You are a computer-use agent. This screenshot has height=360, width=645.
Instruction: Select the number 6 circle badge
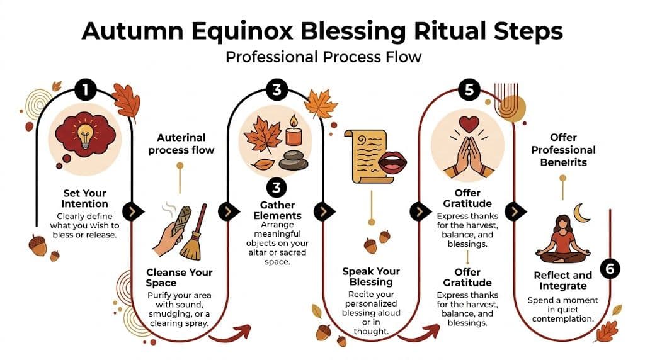[609, 269]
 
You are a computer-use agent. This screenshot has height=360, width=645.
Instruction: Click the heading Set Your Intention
[85, 198]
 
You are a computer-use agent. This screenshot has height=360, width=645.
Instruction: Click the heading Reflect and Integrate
[562, 281]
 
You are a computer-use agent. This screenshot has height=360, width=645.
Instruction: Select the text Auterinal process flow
[181, 143]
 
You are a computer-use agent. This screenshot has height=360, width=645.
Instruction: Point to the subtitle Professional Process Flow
[322, 57]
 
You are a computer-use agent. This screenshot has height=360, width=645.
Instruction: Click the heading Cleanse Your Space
[180, 278]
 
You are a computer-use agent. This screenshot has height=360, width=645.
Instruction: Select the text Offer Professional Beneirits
[563, 150]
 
